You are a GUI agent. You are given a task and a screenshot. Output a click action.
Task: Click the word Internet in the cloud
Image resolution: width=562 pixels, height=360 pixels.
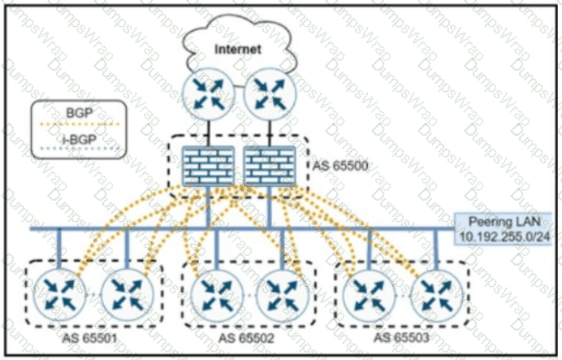[x=238, y=49]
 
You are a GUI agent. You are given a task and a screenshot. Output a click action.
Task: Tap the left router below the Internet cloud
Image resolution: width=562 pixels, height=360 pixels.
[x=209, y=94]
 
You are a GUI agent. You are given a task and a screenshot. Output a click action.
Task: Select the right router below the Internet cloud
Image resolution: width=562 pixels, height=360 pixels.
[x=270, y=94]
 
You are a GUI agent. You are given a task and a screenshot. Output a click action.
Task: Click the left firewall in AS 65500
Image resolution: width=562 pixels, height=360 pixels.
[x=208, y=166]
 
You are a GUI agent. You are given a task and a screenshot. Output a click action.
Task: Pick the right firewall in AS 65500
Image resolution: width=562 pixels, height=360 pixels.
[x=270, y=166]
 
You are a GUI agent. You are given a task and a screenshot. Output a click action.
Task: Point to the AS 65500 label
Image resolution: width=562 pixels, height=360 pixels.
[x=340, y=166]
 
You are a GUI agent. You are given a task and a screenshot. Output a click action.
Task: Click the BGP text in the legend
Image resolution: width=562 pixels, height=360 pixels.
[x=80, y=113]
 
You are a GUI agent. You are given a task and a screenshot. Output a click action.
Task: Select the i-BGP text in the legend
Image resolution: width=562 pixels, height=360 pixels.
[x=80, y=139]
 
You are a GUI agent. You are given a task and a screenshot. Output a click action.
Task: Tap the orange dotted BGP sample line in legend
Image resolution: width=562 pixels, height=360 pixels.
[x=80, y=124]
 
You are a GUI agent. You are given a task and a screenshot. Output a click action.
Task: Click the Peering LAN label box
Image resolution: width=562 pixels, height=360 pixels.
[x=503, y=229]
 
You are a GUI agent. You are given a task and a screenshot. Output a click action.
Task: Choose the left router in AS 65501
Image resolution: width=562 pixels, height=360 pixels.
[x=59, y=296]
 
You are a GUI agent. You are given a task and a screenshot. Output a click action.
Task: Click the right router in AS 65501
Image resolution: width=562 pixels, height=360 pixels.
[x=128, y=296]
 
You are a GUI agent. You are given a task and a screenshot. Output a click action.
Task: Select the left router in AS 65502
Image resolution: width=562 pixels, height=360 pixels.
[x=216, y=296]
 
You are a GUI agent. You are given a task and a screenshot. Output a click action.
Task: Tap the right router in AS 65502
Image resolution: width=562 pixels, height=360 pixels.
[x=283, y=296]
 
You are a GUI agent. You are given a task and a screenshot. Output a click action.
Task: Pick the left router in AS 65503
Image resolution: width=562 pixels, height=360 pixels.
[x=369, y=296]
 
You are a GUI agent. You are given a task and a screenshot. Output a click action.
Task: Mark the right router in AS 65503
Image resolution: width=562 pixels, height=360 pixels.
[x=436, y=296]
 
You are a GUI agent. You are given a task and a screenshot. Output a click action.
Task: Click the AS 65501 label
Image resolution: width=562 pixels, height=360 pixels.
[x=89, y=338]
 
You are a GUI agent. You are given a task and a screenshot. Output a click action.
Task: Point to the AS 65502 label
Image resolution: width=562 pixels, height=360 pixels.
[x=246, y=338]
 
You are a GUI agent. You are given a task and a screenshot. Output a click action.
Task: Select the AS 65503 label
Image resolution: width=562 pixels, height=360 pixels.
[x=401, y=337]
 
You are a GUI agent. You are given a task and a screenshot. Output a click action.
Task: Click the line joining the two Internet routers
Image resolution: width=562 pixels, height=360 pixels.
[x=240, y=86]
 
